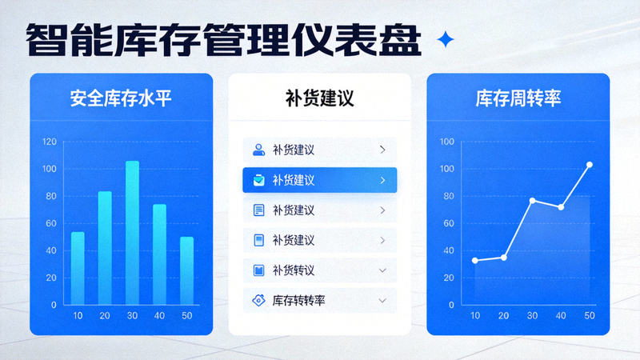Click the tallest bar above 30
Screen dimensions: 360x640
[x=132, y=232]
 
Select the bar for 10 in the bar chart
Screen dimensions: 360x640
[x=78, y=268]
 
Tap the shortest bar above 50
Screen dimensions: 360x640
[x=186, y=270]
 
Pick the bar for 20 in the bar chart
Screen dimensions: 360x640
[x=105, y=248]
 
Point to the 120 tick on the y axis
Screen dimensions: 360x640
[x=49, y=142]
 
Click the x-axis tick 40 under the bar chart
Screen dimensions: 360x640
[x=159, y=316]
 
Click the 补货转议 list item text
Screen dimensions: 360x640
[x=294, y=270]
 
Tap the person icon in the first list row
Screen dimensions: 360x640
[x=258, y=150]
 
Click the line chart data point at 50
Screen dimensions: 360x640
[x=590, y=165]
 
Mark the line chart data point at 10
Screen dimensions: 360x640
[x=475, y=260]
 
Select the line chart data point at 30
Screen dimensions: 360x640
[x=532, y=200]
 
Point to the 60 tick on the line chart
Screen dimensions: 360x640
[x=447, y=223]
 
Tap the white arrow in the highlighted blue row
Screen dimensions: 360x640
[x=382, y=180]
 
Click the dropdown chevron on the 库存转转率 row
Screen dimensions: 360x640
[x=382, y=301]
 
